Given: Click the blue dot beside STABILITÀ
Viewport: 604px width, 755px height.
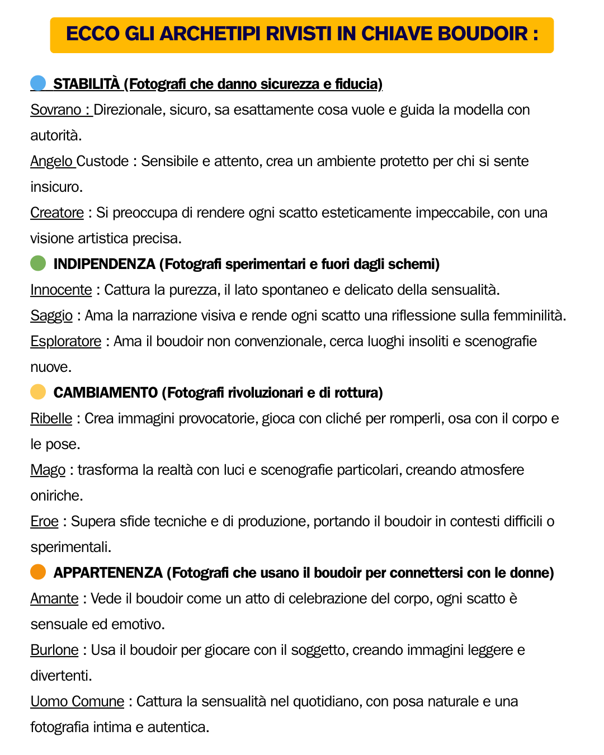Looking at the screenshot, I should (x=38, y=83).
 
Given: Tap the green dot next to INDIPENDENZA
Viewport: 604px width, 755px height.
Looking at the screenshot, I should (x=38, y=263).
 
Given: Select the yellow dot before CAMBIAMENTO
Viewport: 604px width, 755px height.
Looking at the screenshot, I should (x=38, y=392).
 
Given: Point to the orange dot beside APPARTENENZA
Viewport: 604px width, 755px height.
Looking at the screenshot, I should (x=38, y=572).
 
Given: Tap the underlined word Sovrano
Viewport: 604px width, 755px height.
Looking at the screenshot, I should (x=56, y=110).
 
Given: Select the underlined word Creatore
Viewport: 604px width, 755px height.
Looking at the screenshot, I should (x=57, y=213).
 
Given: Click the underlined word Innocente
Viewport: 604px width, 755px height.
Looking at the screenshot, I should (x=61, y=290).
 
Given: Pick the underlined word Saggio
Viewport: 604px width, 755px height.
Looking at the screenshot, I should (x=51, y=315).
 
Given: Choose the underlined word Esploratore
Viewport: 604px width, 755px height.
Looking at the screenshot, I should (x=66, y=341).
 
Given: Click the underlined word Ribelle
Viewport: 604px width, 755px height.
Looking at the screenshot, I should (x=51, y=418).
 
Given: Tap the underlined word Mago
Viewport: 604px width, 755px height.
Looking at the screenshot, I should (x=48, y=470).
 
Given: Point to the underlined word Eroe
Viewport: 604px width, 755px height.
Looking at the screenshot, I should (x=45, y=521).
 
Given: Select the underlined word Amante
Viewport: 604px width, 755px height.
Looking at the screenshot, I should (x=54, y=598).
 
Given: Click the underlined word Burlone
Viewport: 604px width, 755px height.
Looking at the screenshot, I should (x=54, y=650).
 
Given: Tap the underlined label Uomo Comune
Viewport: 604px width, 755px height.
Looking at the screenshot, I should (x=77, y=701).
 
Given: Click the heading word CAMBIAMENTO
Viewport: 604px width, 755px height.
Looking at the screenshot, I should (x=106, y=393).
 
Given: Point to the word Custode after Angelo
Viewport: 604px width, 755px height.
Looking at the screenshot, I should (x=103, y=161).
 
